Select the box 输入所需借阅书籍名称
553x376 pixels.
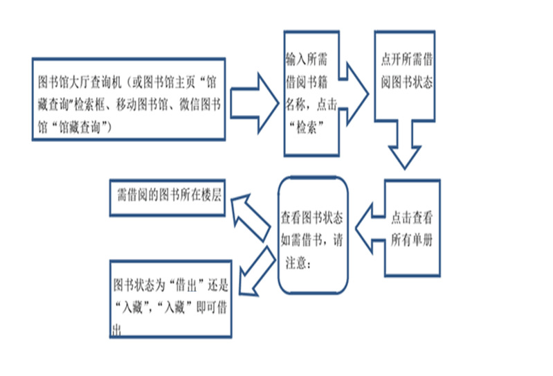[311, 93]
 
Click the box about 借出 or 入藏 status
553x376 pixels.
[169, 298]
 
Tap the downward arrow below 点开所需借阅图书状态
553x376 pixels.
[404, 145]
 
